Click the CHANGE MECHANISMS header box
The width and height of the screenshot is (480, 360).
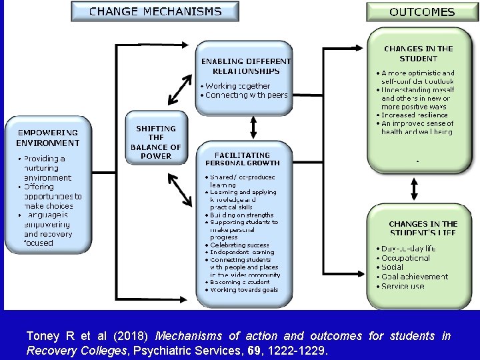pyautogui.click(x=155, y=11)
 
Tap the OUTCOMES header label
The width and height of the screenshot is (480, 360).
pyautogui.click(x=421, y=12)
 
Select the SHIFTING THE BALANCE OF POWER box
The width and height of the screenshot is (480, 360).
pyautogui.click(x=155, y=142)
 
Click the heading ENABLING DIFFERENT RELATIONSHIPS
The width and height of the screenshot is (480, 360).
pyautogui.click(x=246, y=66)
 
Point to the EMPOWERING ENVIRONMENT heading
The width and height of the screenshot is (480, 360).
pyautogui.click(x=48, y=137)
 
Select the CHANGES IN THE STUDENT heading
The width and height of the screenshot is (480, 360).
pyautogui.click(x=418, y=53)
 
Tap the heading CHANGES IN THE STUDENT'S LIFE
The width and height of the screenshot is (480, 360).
pyautogui.click(x=423, y=228)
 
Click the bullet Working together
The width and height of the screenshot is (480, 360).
pyautogui.click(x=238, y=86)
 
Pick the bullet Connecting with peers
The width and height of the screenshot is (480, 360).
pyautogui.click(x=247, y=95)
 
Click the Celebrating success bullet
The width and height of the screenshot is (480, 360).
pyautogui.click(x=239, y=245)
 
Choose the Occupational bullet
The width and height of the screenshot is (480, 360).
pyautogui.click(x=406, y=257)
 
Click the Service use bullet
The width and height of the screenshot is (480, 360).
pyautogui.click(x=403, y=286)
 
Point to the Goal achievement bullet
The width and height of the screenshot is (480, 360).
pyautogui.click(x=415, y=276)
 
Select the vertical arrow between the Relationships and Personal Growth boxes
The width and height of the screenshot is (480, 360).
pyautogui.click(x=253, y=125)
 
